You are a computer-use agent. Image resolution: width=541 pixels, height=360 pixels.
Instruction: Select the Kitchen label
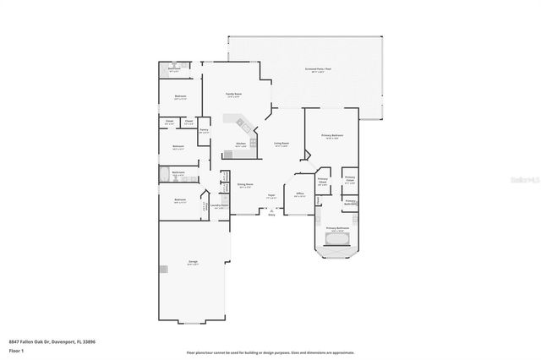(240, 144)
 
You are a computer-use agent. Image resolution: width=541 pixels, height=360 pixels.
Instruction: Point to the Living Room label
(281, 144)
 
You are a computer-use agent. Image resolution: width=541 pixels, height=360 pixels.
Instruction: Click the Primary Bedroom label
(331, 136)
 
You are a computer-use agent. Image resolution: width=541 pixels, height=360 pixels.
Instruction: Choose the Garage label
(193, 263)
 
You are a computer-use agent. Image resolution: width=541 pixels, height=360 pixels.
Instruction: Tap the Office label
(299, 194)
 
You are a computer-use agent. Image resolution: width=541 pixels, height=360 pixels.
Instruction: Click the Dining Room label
(244, 186)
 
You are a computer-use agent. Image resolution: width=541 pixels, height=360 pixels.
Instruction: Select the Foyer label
(271, 196)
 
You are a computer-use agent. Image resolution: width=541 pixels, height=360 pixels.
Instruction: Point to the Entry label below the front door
(271, 215)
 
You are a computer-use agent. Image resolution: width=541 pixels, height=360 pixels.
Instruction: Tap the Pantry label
(204, 130)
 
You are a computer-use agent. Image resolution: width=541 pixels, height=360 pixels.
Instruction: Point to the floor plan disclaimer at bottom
(270, 352)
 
